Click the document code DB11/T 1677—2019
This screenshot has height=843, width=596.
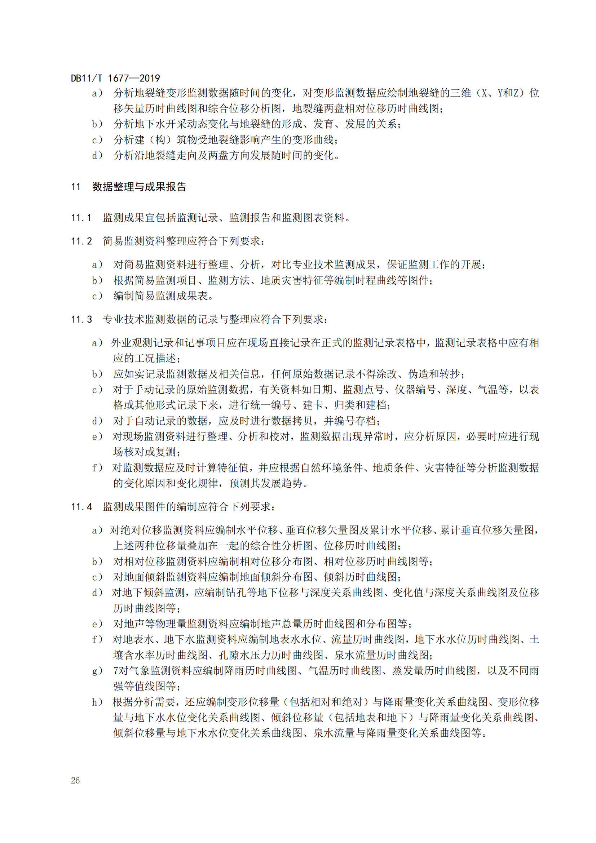coord(115,78)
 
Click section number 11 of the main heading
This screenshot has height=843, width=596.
coord(76,187)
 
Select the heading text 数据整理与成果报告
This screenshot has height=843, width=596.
coord(139,187)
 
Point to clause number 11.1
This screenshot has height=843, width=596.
coord(81,218)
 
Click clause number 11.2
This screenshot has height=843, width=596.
coord(81,241)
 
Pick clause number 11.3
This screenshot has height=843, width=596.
coord(81,319)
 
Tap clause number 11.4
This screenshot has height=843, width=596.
coord(81,507)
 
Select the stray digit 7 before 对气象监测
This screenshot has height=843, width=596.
coord(116,671)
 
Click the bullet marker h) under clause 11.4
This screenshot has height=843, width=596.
coord(97,702)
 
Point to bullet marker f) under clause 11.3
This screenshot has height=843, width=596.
coord(97,468)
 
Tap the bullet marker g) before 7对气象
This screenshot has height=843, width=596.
coord(97,671)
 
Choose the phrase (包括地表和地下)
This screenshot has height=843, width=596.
coord(372,718)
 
